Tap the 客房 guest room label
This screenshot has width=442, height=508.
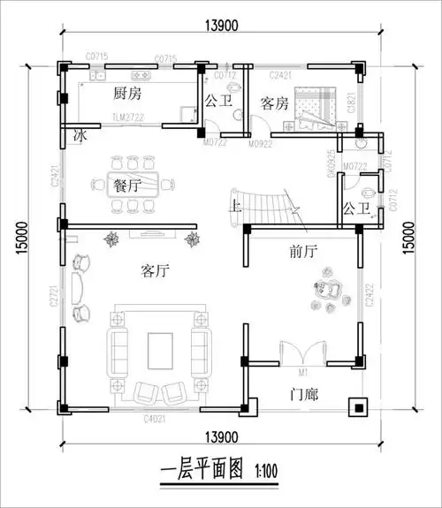point(274,102)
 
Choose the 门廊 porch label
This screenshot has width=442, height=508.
point(303,391)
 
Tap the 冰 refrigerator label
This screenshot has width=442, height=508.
point(80,137)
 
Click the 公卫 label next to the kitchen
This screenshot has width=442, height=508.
point(217,101)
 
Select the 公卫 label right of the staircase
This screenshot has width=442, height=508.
point(355,209)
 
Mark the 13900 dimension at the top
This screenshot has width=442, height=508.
point(216,26)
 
